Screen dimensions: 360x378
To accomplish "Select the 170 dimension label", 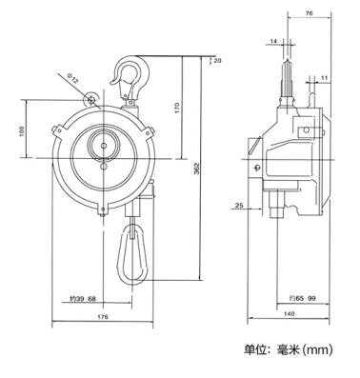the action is tap(177, 108).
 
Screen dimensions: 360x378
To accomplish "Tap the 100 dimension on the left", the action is tap(21, 131).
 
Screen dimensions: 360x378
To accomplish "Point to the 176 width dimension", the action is tap(103, 317).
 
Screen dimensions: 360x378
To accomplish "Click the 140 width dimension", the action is tap(289, 314).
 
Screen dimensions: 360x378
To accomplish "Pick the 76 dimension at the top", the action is tap(310, 13).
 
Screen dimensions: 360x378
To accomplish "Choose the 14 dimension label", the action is tap(273, 41).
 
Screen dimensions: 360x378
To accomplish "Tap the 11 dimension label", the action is tap(324, 77).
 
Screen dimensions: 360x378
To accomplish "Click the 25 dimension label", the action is tap(239, 206).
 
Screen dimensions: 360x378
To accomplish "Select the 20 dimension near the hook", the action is tap(218, 60).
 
